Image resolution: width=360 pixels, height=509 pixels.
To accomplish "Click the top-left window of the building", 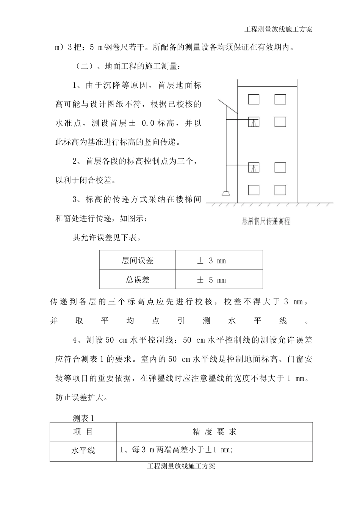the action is tap(254, 99).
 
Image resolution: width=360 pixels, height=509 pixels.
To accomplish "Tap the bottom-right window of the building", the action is tap(280, 190).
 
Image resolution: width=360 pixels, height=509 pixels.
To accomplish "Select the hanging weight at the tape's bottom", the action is tap(226, 194).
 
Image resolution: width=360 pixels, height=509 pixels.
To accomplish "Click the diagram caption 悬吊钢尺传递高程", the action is tap(266, 222).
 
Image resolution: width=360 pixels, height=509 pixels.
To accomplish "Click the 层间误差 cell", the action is tap(138, 261).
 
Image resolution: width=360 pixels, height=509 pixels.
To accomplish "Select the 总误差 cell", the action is tap(138, 280).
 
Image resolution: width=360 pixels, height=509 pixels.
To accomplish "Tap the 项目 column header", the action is tap(83, 432).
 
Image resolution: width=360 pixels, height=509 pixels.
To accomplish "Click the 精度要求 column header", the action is tap(214, 432).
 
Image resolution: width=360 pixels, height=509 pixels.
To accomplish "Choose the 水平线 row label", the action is tap(83, 451).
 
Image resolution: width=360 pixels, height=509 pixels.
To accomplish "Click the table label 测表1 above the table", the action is tap(83, 418).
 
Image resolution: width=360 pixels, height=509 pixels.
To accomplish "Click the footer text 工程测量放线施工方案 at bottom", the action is tap(181, 466).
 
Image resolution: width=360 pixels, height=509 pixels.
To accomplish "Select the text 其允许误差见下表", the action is tap(107, 238).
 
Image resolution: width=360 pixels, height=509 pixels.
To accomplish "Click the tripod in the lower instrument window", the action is tap(254, 167).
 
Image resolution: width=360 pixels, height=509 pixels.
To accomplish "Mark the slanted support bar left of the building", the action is tap(228, 107).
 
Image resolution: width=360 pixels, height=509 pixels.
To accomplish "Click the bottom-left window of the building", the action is tap(254, 190).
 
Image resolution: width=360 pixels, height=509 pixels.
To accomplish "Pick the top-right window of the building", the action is tap(280, 99).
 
